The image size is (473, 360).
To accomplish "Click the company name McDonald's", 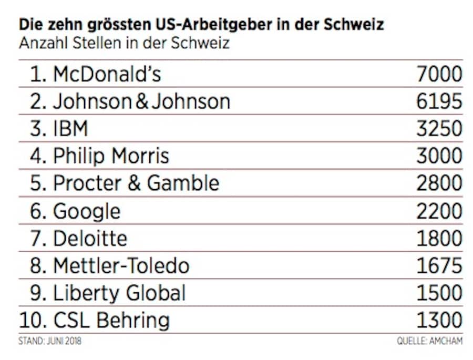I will [x=107, y=74].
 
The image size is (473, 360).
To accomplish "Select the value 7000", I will [x=439, y=74].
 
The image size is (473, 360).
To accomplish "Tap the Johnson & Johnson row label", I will [x=141, y=101].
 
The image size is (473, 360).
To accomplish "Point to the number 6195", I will [x=439, y=101].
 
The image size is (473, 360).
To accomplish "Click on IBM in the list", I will [x=70, y=129].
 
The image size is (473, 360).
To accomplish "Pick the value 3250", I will [x=439, y=129].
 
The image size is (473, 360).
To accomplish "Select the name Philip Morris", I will [x=111, y=156].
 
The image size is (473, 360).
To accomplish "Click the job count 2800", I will [x=439, y=183].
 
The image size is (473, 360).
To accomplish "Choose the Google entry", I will [x=87, y=211].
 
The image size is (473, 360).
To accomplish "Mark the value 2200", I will [x=439, y=211].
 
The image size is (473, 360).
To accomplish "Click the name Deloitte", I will [x=90, y=238].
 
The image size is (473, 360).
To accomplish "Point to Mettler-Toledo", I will [x=120, y=265].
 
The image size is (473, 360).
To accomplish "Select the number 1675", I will [x=439, y=265].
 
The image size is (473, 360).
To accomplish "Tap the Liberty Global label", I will [x=119, y=293].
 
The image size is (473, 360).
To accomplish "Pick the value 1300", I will [x=439, y=320].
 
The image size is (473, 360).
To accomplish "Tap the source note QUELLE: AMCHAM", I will [x=429, y=342].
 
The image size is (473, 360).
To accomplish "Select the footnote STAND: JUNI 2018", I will [x=50, y=342].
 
